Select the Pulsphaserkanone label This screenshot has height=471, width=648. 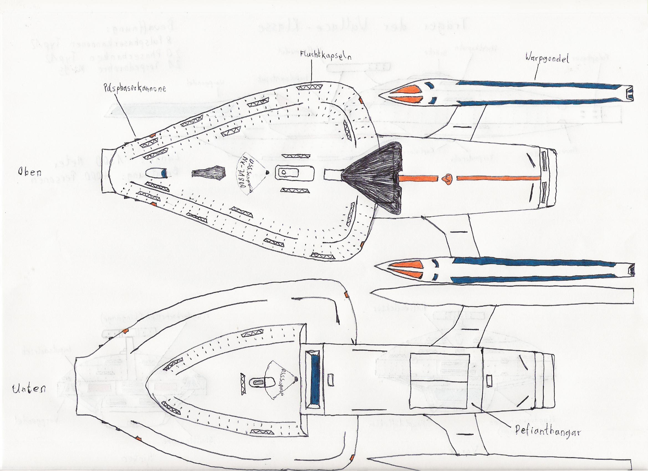pyautogui.click(x=135, y=89)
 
